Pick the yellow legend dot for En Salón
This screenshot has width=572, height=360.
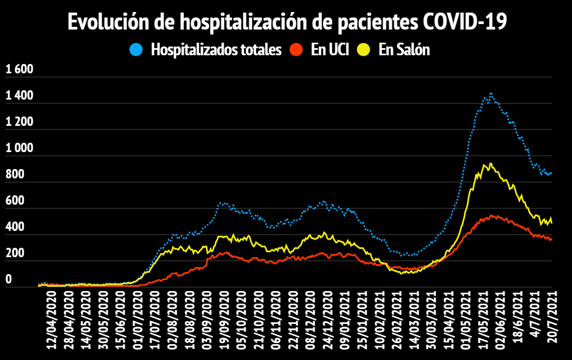click(364, 50)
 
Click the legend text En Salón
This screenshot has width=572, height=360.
click(404, 50)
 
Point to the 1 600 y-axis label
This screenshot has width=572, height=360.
click(20, 69)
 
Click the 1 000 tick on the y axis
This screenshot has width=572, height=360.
click(20, 148)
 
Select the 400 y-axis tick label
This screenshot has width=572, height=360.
click(15, 227)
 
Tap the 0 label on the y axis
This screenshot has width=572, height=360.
click(8, 280)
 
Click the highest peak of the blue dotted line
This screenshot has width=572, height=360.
click(491, 94)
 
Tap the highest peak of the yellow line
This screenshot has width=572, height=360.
click(490, 163)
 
